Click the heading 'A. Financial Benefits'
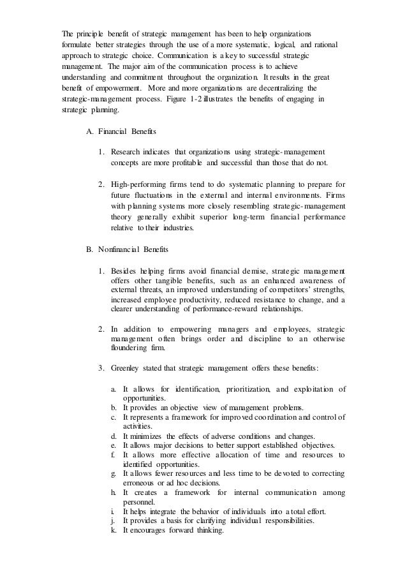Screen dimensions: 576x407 pos(122,132)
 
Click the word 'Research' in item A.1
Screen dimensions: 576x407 pos(128,152)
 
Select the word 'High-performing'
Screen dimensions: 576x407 pos(139,184)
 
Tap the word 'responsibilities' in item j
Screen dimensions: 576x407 pos(285,521)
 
